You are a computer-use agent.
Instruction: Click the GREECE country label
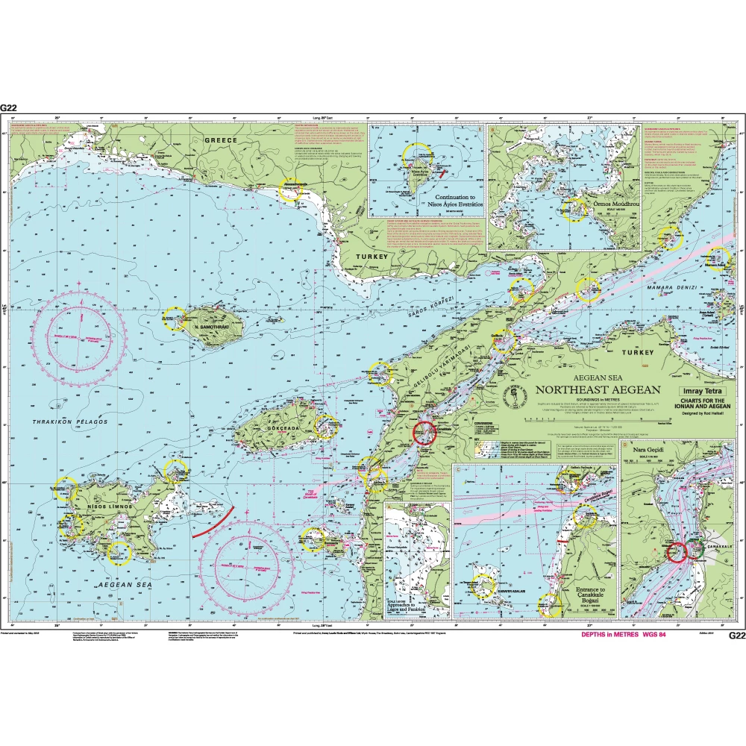(x=221, y=140)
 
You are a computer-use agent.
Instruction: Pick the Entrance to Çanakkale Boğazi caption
(x=589, y=595)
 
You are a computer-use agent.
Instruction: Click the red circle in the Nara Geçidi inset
(x=677, y=552)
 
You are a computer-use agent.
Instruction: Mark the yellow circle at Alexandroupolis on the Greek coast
(x=289, y=189)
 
